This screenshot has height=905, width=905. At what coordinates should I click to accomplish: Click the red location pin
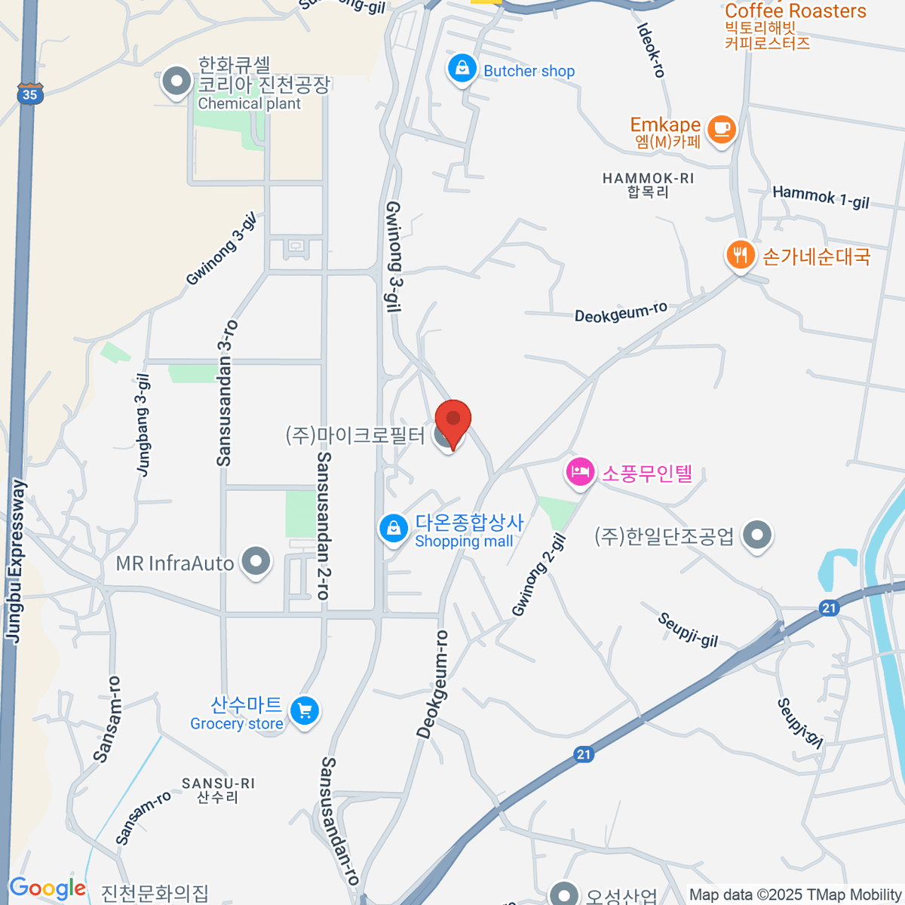coord(453,421)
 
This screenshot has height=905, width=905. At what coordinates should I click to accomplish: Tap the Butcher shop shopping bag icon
coord(462,69)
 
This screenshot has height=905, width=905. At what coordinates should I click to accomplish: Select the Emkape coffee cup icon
coord(722,128)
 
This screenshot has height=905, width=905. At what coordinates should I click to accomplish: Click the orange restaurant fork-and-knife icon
coord(741,255)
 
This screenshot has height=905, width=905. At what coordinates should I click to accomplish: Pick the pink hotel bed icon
coord(579,473)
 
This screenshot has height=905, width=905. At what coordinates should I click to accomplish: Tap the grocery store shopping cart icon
coord(305,710)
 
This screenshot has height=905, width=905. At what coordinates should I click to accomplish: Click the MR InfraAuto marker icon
coord(256,562)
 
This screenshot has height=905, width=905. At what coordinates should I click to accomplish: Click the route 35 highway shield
coord(29,94)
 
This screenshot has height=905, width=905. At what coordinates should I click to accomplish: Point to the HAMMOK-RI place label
coord(648,185)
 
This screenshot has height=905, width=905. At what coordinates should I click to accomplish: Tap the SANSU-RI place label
coord(218,790)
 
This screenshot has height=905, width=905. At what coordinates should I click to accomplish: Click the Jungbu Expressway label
coord(17,561)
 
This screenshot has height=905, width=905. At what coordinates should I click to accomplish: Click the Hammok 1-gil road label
coord(821,197)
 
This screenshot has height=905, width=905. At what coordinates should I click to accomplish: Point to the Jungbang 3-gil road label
coord(143,425)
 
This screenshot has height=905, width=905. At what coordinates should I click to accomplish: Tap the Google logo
coord(47,888)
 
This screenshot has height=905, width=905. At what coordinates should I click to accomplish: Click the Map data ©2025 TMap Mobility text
coord(796,895)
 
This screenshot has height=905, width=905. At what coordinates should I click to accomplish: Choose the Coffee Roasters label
coord(795,11)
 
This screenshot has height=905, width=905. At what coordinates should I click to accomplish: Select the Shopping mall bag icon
coord(393,528)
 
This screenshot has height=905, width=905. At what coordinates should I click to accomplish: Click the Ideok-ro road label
coord(650,50)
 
